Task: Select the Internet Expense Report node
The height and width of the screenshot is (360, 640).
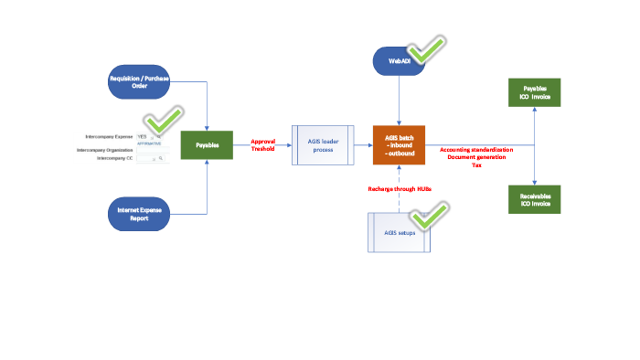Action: coord(140,214)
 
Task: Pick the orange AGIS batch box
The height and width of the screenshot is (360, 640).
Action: coord(400,145)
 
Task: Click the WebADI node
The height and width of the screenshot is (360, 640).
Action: coord(400,61)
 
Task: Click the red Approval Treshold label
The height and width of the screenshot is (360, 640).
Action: coord(263,145)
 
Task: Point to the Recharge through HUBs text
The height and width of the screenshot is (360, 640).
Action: coord(400,188)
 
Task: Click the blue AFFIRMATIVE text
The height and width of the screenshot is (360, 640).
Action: coord(149,143)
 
